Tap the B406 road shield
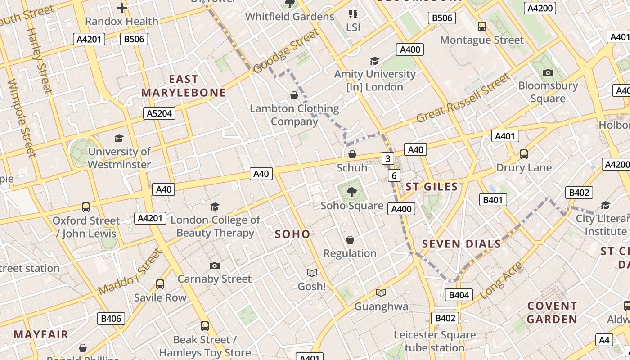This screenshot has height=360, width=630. point(111,319)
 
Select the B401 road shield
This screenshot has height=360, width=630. point(493,200)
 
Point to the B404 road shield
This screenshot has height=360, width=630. point(459,295)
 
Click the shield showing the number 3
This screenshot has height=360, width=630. point(388,158)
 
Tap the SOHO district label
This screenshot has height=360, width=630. point(292,234)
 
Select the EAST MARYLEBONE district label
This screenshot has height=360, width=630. point(184,86)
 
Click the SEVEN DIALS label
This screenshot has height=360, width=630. point(461,244)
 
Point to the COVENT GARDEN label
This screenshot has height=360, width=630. point(552,312)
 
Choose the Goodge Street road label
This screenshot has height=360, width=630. point(286,51)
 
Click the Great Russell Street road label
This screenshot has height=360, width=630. point(463,98)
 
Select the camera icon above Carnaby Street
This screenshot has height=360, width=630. point(215,265)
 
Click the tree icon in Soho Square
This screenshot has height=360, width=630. point(352,192)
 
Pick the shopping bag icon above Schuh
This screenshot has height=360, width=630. point(352,155)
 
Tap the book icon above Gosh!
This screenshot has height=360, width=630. point(311,273)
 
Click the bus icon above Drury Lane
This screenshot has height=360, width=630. point(523,154)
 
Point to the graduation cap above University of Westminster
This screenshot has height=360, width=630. point(119,138)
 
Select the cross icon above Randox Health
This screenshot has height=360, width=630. point(121,8)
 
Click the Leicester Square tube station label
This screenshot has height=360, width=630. point(434,341)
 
